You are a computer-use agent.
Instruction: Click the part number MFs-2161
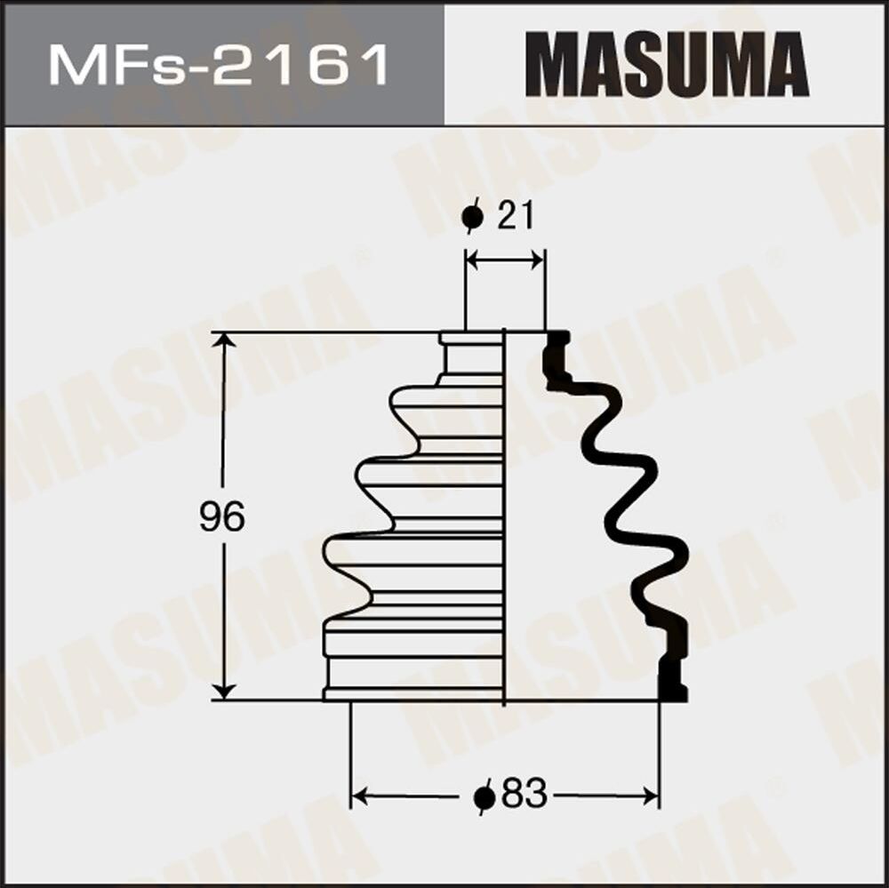point(219,65)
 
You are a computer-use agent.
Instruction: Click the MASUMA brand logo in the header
point(667,64)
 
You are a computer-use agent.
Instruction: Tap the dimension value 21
point(515,216)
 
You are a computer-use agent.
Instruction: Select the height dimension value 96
point(221,516)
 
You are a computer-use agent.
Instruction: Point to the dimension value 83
point(524,794)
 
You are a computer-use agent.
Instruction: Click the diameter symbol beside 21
point(473,217)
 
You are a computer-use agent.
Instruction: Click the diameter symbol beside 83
point(485,796)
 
